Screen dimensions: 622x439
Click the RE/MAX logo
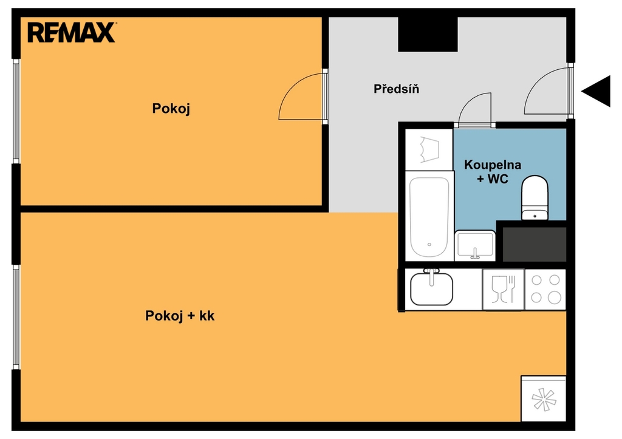(x=72, y=33)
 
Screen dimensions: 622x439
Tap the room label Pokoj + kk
(x=180, y=316)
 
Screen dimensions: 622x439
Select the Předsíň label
(x=396, y=89)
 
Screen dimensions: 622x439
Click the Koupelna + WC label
(x=492, y=172)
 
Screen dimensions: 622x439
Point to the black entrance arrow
(x=596, y=91)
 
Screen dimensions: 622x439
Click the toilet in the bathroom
(x=535, y=197)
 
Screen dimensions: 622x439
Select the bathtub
(x=429, y=217)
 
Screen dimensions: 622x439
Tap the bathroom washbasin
(x=475, y=245)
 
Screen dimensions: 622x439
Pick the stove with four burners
(x=545, y=289)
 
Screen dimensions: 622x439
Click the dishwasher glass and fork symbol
(x=503, y=289)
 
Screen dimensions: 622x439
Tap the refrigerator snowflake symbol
(x=544, y=399)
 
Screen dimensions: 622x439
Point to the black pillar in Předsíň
(x=428, y=34)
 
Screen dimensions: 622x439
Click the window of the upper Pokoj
(x=16, y=111)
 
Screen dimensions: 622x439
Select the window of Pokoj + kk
(x=16, y=317)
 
